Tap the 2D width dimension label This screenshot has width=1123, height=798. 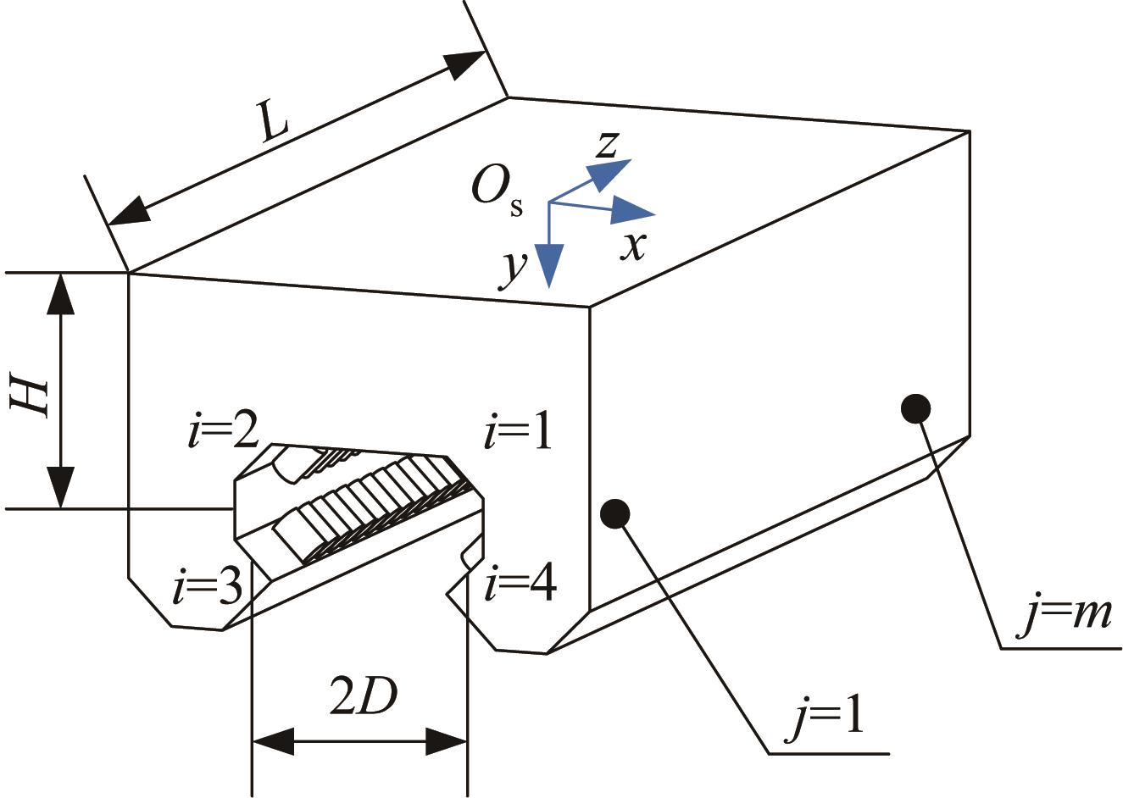tap(364, 695)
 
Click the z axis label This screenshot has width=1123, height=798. tap(607, 145)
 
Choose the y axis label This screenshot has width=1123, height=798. tap(513, 269)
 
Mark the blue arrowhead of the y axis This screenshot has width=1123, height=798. tap(549, 265)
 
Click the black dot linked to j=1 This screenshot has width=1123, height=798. tap(615, 513)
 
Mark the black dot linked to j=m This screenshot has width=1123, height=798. tap(916, 409)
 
